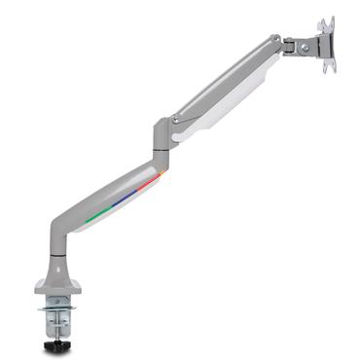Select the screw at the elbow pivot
[175, 121]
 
